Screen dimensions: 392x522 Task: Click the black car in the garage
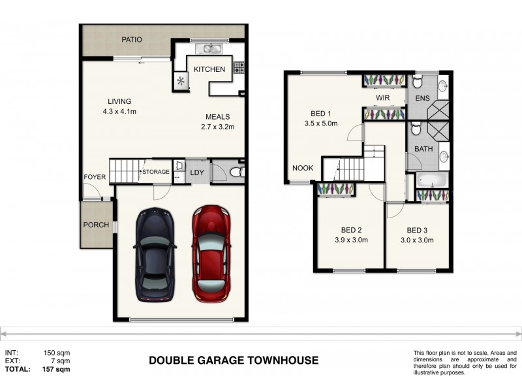coord(155,253)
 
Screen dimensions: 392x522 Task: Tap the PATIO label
coord(132,40)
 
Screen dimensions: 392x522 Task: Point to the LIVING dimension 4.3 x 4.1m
coord(119,111)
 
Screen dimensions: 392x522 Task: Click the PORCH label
coord(95,225)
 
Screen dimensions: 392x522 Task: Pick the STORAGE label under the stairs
coord(157,172)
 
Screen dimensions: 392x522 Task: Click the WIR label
coord(383,98)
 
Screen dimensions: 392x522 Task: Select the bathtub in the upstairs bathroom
coord(431,180)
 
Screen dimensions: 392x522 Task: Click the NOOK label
coord(303,168)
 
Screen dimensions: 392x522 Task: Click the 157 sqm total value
coord(58,369)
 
